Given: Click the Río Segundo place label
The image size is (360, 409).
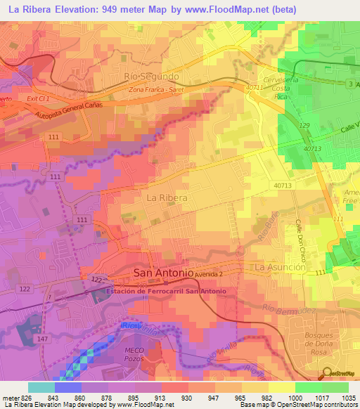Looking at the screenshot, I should (x=151, y=76).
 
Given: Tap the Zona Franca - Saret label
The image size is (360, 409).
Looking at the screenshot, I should (x=156, y=91).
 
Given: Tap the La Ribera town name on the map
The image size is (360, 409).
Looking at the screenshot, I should (x=167, y=198).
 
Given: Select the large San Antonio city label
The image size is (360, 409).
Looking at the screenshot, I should (x=163, y=273).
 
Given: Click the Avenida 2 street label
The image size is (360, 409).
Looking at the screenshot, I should (x=210, y=273).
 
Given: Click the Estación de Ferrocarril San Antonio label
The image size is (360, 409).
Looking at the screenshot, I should (x=166, y=291).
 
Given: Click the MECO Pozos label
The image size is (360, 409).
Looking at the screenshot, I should (x=134, y=353).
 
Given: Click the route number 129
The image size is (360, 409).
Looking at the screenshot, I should (x=304, y=125).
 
